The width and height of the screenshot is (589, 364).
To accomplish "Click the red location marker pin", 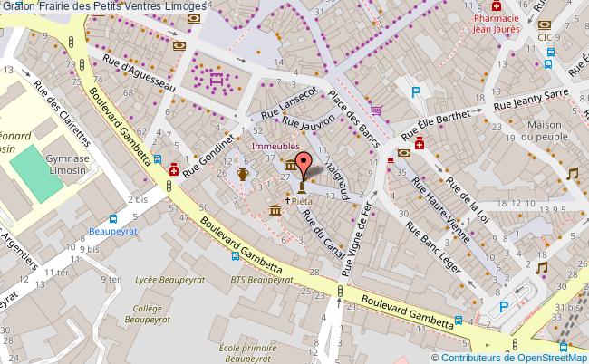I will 303,164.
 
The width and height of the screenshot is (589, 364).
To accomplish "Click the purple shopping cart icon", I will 377,110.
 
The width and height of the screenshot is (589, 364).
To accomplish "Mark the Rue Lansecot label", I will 289,104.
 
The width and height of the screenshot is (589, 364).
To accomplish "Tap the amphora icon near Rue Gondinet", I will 242,174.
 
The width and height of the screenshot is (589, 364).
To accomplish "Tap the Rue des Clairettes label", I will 62,112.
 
